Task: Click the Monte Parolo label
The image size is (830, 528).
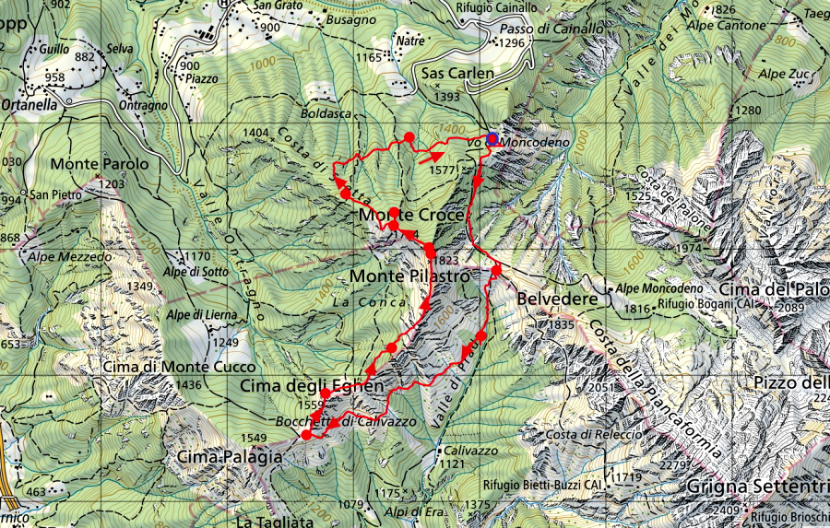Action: (100, 164)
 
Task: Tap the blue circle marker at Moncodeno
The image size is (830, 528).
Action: (492, 139)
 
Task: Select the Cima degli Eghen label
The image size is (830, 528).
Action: (312, 385)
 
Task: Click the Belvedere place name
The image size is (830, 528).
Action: (552, 299)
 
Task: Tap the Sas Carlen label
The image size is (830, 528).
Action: (458, 73)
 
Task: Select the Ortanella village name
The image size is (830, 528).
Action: (30, 105)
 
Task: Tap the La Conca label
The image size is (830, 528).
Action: (354, 301)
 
